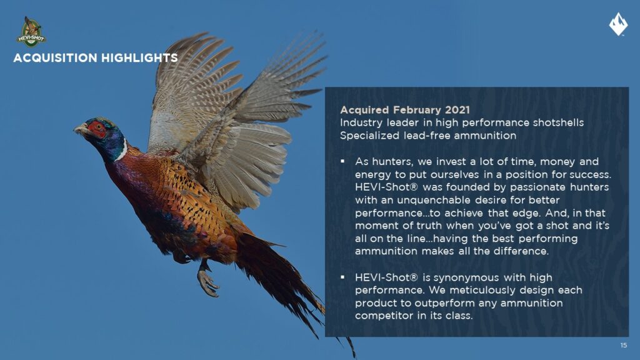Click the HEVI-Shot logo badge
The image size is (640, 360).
pyautogui.click(x=31, y=32)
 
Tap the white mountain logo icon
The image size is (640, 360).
pyautogui.click(x=618, y=24)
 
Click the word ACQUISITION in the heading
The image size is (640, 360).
pyautogui.click(x=55, y=58)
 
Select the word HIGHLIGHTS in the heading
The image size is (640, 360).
pyautogui.click(x=139, y=58)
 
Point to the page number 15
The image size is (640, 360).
pyautogui.click(x=623, y=345)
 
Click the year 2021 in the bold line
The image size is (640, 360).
pyautogui.click(x=457, y=110)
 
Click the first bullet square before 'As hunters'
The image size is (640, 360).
pyautogui.click(x=342, y=162)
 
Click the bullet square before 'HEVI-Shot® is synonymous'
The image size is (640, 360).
pyautogui.click(x=342, y=277)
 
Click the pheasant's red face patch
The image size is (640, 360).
pyautogui.click(x=97, y=129)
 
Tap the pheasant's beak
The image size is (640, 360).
pyautogui.click(x=79, y=130)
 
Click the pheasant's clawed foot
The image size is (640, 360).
pyautogui.click(x=207, y=281)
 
